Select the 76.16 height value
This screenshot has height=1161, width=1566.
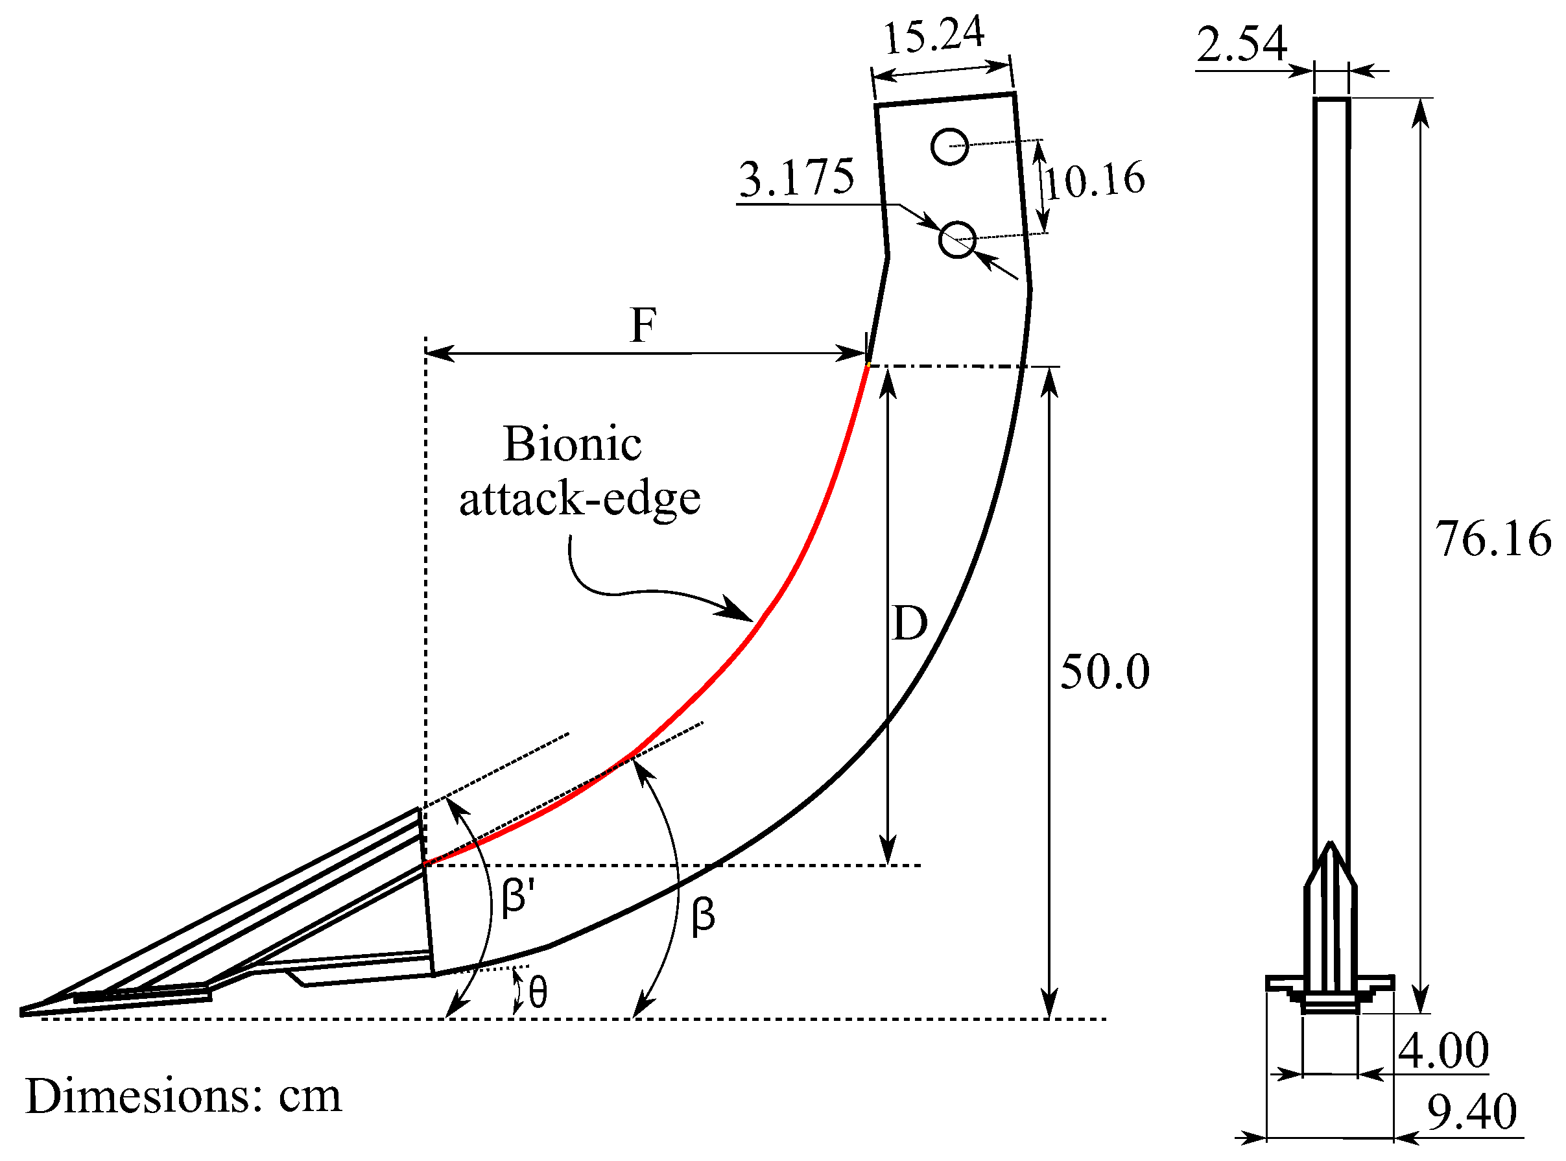coord(1493,539)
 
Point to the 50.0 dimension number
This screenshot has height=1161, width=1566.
coord(1104,672)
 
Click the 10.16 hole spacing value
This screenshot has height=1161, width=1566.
coord(1095,180)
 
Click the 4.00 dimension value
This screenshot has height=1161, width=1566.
coord(1443,1051)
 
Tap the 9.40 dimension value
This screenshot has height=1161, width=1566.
coord(1472,1112)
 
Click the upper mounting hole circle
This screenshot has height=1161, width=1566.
coord(950,146)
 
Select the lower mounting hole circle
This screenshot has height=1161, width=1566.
coord(958,239)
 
